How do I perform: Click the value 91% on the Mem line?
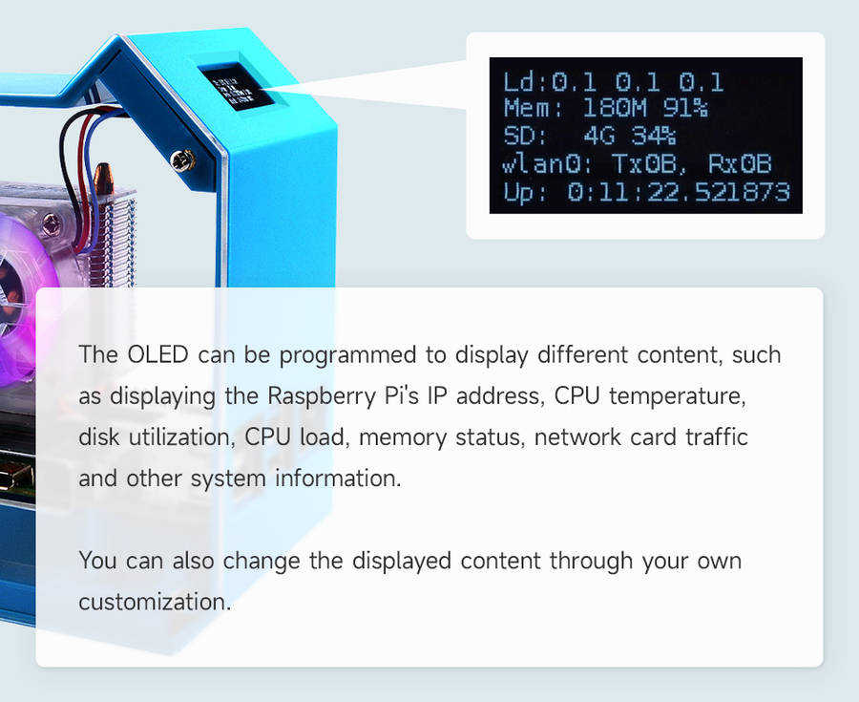(685, 108)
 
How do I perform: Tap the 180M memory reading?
(615, 108)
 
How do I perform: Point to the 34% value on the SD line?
(654, 136)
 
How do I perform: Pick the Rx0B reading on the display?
(740, 163)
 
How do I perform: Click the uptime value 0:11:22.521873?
(679, 192)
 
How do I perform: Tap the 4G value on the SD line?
(599, 136)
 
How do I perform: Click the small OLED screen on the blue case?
(236, 87)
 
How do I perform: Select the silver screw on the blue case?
(182, 161)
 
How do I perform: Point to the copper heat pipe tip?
(103, 176)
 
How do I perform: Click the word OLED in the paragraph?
(157, 354)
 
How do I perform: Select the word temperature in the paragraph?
(678, 396)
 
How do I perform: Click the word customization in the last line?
(155, 603)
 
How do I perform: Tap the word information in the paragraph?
(338, 479)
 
